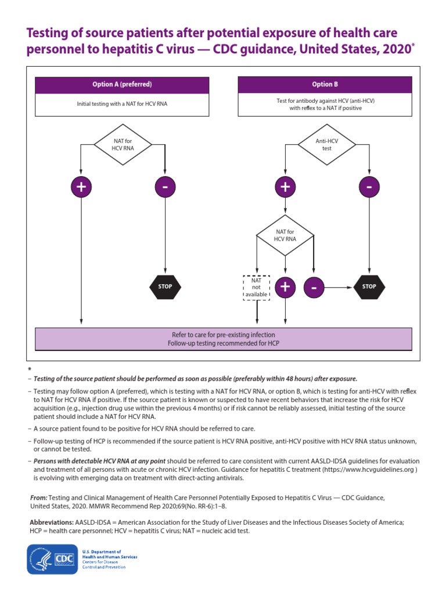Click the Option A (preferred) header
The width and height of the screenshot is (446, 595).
pos(122,84)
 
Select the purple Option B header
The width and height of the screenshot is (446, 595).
pos(325,84)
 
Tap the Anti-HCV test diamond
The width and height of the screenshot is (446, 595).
pos(326,144)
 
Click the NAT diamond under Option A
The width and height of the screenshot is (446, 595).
pos(123,144)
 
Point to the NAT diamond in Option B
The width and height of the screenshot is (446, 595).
pos(285,235)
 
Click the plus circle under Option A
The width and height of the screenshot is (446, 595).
pos(81,187)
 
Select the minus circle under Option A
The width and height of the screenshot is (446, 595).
pos(166,187)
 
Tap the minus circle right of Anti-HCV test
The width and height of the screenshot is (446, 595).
pos(369,187)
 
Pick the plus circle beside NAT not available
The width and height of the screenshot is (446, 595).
pos(285,286)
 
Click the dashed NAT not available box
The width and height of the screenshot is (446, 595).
pos(256,286)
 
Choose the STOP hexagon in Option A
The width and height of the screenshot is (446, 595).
pos(166,286)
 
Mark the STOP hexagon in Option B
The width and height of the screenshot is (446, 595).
pos(369,286)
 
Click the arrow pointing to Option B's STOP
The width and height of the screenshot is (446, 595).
pos(340,286)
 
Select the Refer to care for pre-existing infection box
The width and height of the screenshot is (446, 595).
pos(224,339)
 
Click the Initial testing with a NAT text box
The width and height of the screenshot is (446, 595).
pos(122,105)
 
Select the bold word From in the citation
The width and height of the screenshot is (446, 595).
pos(38,498)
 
